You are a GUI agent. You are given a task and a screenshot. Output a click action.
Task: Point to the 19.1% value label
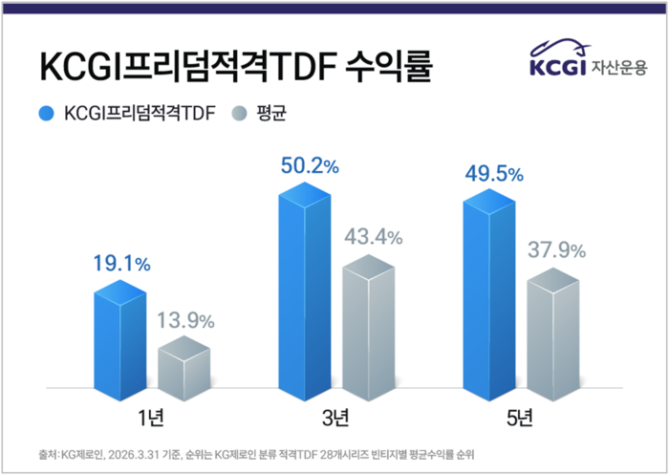pyautogui.click(x=121, y=263)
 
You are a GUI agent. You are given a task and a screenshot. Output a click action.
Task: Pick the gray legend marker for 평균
pyautogui.click(x=239, y=115)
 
